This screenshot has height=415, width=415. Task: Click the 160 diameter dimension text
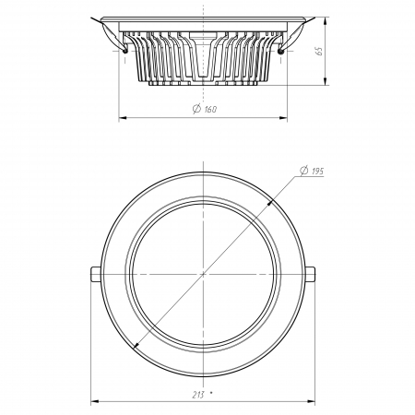(x=210, y=109)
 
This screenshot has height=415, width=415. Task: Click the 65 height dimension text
(x=319, y=51)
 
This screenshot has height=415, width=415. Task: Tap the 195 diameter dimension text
(x=317, y=172)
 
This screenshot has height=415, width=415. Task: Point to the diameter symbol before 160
(x=196, y=109)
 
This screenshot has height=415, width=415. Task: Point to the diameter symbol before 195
(x=304, y=171)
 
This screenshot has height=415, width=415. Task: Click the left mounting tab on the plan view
(x=95, y=274)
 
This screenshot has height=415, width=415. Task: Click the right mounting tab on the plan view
(x=311, y=274)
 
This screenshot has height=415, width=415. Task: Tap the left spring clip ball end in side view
(x=125, y=51)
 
